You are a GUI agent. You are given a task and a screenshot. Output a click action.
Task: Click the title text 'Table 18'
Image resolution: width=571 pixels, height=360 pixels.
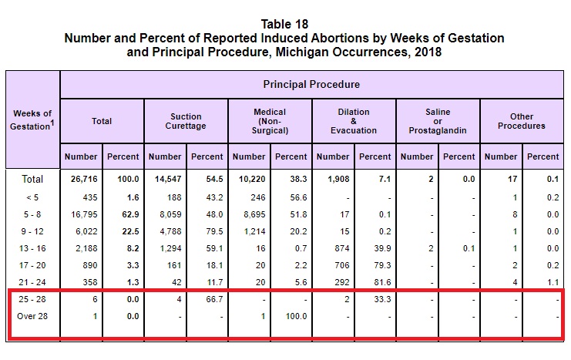pyautogui.click(x=284, y=25)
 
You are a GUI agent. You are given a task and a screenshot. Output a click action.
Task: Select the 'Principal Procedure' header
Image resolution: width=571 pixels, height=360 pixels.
pyautogui.click(x=311, y=85)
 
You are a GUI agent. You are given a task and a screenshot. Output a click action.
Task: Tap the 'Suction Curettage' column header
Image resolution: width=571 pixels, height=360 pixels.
pyautogui.click(x=186, y=121)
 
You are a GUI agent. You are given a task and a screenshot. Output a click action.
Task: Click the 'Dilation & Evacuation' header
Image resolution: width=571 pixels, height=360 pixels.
pyautogui.click(x=354, y=121)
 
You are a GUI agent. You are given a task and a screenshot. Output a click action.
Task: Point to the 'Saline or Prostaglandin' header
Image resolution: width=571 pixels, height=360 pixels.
pyautogui.click(x=438, y=121)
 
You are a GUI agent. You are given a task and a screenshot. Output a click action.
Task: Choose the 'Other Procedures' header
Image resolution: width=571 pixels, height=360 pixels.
pyautogui.click(x=522, y=121)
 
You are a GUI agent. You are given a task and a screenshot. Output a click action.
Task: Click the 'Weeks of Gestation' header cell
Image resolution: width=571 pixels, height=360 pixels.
pyautogui.click(x=32, y=120)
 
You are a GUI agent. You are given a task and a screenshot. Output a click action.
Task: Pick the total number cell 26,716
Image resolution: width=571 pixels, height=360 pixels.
pyautogui.click(x=84, y=180)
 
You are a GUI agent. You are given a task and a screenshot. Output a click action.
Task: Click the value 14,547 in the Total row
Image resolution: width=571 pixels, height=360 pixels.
pyautogui.click(x=168, y=180)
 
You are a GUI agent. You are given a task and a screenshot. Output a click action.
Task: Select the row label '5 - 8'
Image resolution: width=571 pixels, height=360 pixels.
pyautogui.click(x=32, y=214)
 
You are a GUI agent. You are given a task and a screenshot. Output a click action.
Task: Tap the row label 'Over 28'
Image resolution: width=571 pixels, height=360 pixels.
pyautogui.click(x=32, y=316)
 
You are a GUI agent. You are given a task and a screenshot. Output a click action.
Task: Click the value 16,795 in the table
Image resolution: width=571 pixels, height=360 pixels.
pyautogui.click(x=84, y=214)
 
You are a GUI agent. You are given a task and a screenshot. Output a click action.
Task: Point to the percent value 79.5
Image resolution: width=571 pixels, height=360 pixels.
pyautogui.click(x=214, y=231)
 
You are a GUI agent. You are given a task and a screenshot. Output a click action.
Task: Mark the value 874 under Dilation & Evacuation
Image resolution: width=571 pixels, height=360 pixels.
pyautogui.click(x=342, y=248)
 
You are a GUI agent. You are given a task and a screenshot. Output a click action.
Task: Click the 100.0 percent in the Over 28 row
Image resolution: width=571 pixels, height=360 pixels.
pyautogui.click(x=296, y=316)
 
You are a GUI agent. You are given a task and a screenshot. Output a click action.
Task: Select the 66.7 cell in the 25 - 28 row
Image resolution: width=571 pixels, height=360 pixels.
pyautogui.click(x=214, y=299)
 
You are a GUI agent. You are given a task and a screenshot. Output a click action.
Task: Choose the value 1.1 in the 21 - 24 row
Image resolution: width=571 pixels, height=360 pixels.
pyautogui.click(x=553, y=282)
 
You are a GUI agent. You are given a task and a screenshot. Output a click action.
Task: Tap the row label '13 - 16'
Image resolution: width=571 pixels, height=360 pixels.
pyautogui.click(x=32, y=248)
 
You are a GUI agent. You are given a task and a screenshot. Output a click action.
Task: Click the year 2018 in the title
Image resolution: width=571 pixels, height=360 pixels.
pyautogui.click(x=428, y=52)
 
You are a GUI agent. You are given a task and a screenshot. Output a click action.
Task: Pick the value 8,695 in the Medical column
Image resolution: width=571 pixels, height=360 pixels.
pyautogui.click(x=254, y=214)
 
